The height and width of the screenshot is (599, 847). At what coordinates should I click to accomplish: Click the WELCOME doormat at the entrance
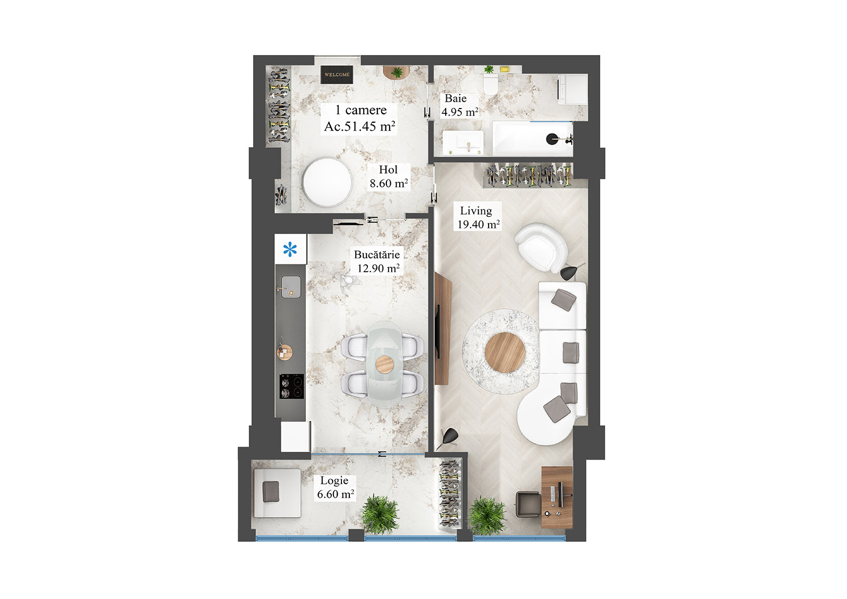(337, 75)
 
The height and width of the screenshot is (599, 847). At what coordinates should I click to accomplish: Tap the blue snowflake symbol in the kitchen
(290, 249)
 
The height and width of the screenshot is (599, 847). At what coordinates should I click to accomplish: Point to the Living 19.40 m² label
(478, 218)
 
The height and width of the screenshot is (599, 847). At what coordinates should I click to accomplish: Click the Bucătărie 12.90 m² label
(377, 262)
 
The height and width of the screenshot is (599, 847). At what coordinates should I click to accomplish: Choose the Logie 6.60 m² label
(335, 487)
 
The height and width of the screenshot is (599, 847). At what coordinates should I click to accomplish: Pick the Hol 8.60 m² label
(389, 177)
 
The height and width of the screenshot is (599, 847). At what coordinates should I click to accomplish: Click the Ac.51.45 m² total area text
(359, 126)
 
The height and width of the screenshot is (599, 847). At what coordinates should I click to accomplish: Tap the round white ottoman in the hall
(327, 183)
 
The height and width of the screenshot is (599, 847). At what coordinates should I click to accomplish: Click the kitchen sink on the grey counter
(291, 287)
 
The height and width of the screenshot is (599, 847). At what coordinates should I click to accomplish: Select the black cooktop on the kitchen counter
(292, 386)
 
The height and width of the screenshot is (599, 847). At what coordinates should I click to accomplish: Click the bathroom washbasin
(463, 141)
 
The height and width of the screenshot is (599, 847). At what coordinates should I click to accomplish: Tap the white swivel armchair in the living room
(540, 247)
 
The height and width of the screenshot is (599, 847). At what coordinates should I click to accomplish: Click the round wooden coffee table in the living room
(504, 352)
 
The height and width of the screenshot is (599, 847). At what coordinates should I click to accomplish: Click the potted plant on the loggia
(380, 514)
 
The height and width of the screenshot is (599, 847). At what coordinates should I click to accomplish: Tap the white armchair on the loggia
(276, 493)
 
